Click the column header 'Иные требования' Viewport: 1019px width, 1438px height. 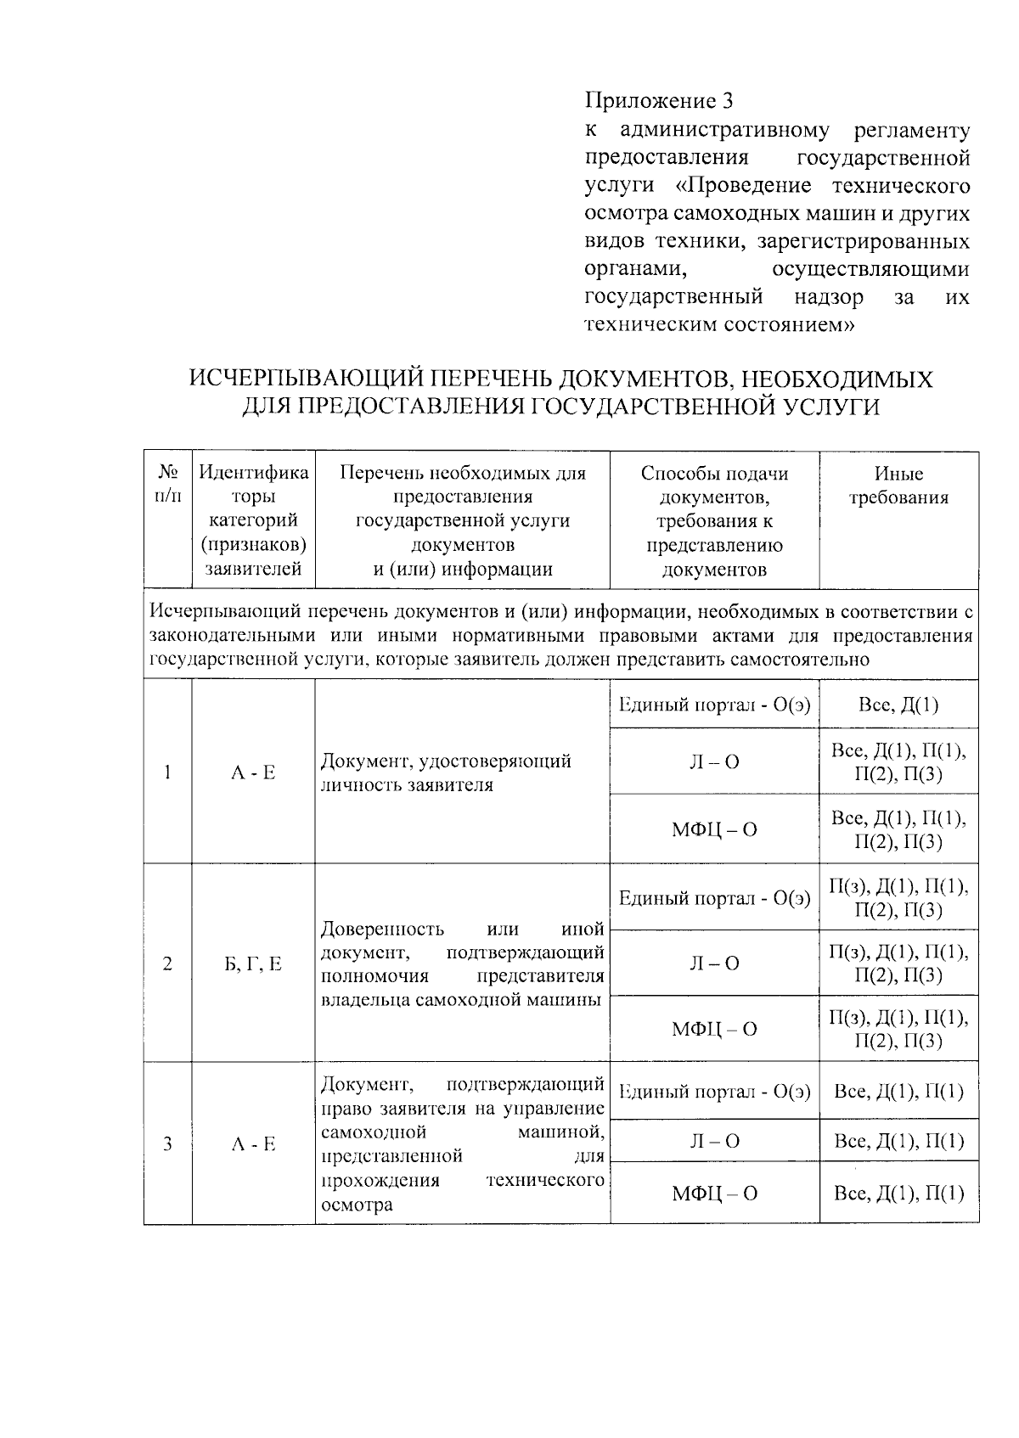click(x=898, y=486)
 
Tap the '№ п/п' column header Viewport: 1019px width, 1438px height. click(x=168, y=485)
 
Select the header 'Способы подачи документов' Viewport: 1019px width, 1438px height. click(x=714, y=520)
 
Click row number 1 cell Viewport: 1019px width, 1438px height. click(x=168, y=772)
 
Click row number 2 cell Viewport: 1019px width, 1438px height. click(x=168, y=963)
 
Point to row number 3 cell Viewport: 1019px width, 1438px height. click(x=168, y=1143)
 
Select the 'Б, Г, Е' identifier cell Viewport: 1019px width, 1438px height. click(x=253, y=963)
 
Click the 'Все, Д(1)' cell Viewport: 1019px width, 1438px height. click(x=898, y=705)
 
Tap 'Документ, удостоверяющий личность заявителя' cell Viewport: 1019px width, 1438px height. click(x=446, y=772)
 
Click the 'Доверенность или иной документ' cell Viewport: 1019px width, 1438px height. click(x=463, y=963)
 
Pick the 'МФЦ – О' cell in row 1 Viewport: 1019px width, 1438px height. click(x=714, y=829)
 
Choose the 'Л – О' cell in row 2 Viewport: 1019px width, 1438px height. click(x=714, y=963)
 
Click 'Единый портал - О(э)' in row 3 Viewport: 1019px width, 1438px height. click(x=714, y=1092)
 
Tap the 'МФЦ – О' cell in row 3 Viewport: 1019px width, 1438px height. click(x=714, y=1194)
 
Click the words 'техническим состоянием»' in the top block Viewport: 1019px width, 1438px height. click(x=718, y=324)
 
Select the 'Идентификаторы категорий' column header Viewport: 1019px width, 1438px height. click(x=253, y=520)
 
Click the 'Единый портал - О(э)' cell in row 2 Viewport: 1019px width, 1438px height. click(x=714, y=898)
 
